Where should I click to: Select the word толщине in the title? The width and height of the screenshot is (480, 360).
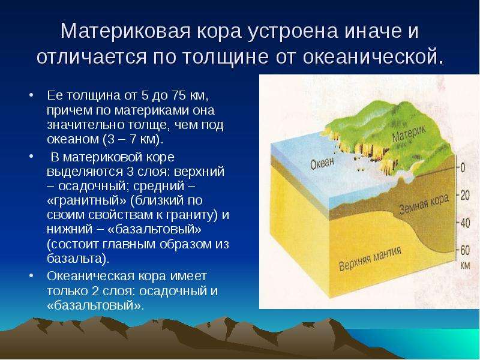coord(226,57)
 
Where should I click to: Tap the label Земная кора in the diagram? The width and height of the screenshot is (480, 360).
coord(424,204)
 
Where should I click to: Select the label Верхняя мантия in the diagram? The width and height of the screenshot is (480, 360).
coord(370,259)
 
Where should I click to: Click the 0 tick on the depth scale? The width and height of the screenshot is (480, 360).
coord(463,167)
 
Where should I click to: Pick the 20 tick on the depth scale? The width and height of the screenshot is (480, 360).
coord(465,195)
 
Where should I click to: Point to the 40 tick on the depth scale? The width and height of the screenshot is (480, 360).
coord(465,223)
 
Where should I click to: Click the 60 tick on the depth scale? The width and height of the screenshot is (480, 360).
coord(465,250)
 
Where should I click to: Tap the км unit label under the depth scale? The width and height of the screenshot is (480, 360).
coord(465,265)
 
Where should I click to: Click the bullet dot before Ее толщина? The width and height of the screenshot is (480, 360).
coord(31,95)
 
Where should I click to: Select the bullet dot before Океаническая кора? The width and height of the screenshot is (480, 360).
coord(31,275)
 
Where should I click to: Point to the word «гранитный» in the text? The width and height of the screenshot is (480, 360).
coord(87,200)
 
